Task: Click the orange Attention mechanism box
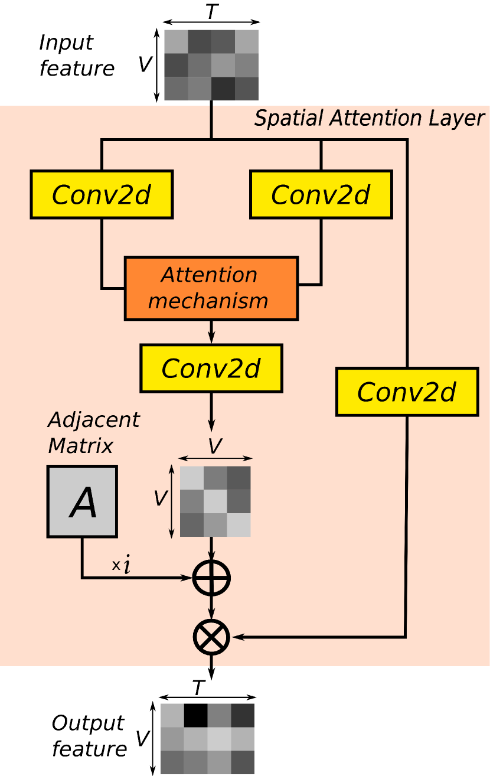tap(211, 289)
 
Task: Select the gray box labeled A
tap(83, 501)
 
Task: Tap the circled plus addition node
tap(211, 578)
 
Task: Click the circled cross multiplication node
tap(211, 637)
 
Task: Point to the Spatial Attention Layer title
tap(369, 118)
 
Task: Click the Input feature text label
tap(76, 56)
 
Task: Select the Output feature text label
tap(89, 736)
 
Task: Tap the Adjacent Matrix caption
tap(93, 432)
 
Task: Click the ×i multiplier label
tap(122, 566)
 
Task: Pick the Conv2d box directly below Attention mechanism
tap(211, 369)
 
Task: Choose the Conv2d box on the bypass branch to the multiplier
tap(407, 392)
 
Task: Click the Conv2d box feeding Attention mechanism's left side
tap(102, 194)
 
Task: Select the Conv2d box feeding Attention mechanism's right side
tap(321, 194)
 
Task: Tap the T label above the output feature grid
tap(199, 689)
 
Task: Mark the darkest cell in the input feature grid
tap(223, 89)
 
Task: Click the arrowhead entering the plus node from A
tap(189, 578)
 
